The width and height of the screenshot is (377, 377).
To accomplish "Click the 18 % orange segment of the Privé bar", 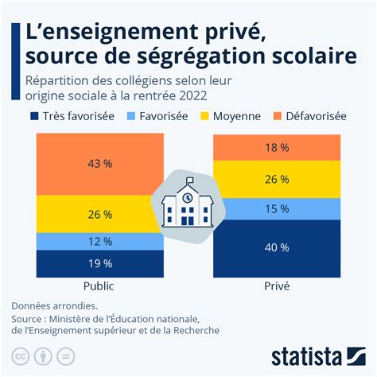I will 277,148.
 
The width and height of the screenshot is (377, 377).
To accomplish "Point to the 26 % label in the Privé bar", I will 277,179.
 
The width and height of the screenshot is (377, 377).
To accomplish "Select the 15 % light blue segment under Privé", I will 277,208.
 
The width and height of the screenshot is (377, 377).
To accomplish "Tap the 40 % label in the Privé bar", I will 277,247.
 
